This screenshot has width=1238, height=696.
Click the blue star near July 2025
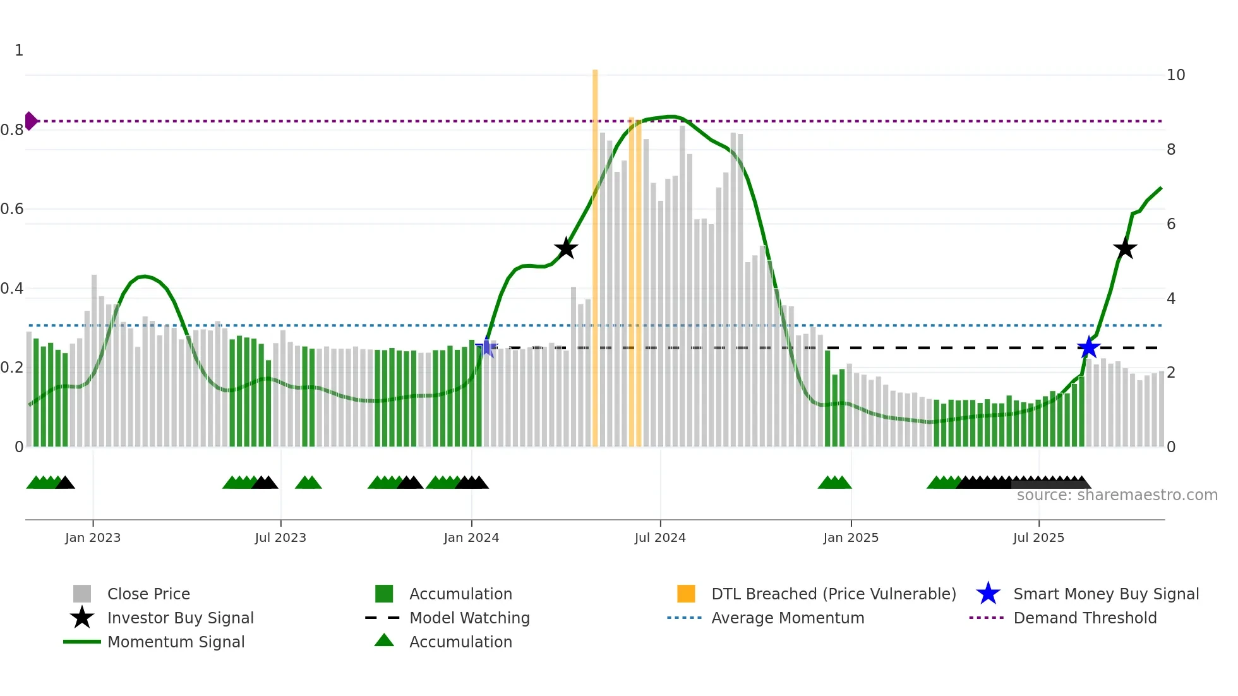(1088, 347)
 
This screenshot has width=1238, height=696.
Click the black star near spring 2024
(566, 248)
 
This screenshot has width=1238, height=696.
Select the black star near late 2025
(1124, 248)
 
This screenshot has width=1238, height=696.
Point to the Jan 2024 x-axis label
(471, 537)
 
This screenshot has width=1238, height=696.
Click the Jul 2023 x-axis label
(280, 537)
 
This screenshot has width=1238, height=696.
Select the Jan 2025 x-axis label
(851, 537)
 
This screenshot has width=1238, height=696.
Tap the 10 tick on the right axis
(1175, 75)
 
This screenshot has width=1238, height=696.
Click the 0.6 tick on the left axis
(12, 209)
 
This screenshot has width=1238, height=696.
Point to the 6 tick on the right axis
(1171, 224)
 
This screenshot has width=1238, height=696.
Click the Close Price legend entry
(148, 594)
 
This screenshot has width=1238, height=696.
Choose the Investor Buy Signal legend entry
(180, 618)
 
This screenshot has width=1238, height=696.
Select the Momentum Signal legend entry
(176, 642)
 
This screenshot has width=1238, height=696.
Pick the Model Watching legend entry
(469, 618)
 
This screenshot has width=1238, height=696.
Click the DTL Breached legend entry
(833, 594)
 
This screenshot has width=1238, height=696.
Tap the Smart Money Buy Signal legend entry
(1105, 594)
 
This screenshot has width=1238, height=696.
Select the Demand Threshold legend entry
(1085, 618)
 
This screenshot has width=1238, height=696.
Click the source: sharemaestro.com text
(1117, 495)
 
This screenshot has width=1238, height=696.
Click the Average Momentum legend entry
(787, 618)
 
